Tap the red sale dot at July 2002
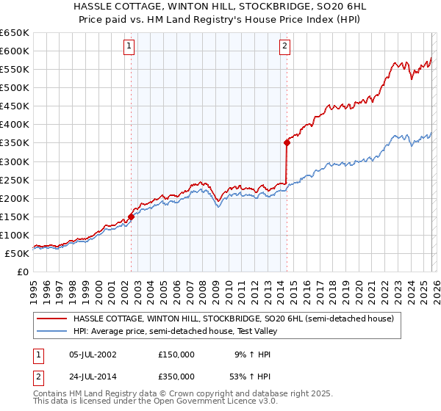[131, 217]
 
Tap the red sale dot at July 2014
[287, 142]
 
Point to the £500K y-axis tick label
[15, 87]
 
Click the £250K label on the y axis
[15, 180]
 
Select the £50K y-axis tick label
[17, 253]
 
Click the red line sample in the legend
[51, 319]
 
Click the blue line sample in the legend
[51, 331]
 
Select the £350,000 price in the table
[176, 378]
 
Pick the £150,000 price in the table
[176, 354]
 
